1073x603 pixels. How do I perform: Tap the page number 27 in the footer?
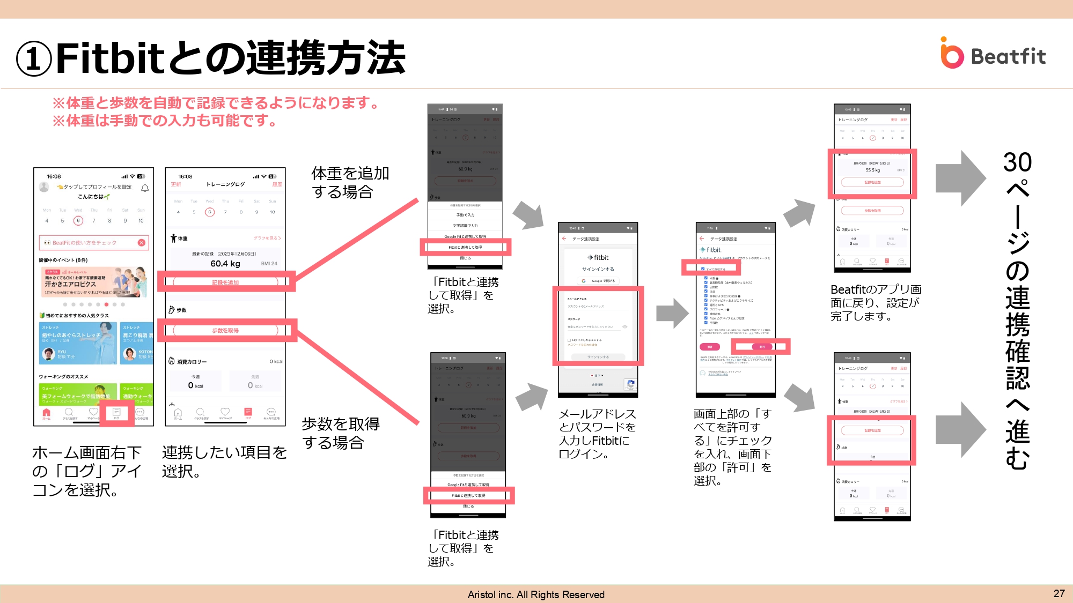click(x=1059, y=593)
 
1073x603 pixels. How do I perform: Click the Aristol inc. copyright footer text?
click(x=535, y=594)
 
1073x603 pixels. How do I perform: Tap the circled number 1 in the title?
click(x=33, y=59)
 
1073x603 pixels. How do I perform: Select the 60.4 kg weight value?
click(x=225, y=264)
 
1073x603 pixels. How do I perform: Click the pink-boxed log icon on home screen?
click(x=116, y=413)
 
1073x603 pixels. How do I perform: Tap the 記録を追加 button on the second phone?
click(x=225, y=282)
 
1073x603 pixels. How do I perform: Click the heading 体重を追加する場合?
click(x=350, y=182)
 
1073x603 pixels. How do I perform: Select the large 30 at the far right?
click(x=1017, y=162)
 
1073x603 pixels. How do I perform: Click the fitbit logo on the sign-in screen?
click(x=598, y=257)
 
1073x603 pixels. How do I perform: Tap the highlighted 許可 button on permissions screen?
click(x=761, y=347)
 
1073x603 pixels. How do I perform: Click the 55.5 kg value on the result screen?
click(x=872, y=170)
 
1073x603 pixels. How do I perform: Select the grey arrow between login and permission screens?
click(x=672, y=313)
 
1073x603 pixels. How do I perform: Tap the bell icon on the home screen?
click(x=144, y=188)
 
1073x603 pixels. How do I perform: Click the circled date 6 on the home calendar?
click(x=78, y=220)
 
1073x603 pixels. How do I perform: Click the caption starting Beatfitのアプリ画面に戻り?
click(x=876, y=303)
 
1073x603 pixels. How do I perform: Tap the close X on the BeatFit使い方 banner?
click(x=141, y=242)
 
